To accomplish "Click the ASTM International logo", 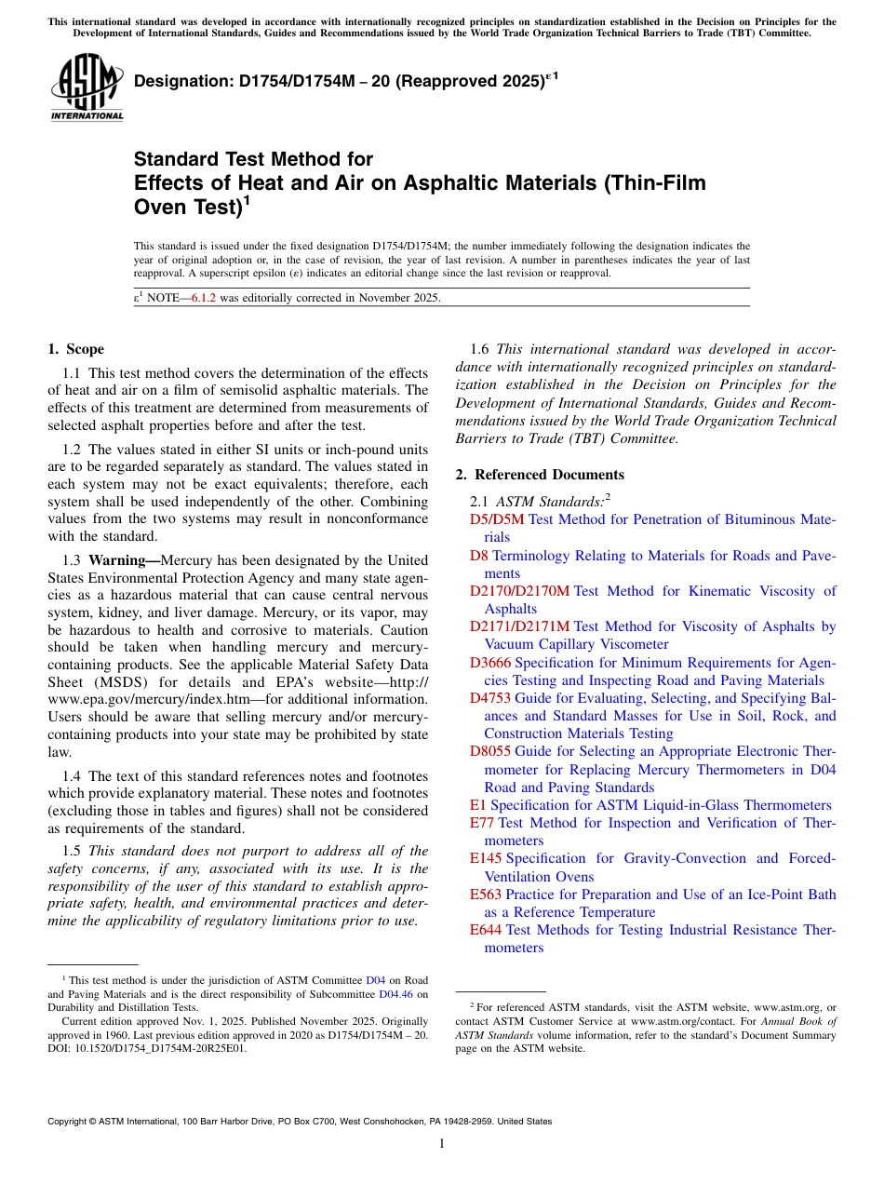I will [87, 88].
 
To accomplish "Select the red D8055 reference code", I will [490, 751].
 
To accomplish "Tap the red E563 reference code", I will [486, 895].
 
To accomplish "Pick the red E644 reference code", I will [486, 930].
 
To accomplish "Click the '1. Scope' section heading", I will [76, 349].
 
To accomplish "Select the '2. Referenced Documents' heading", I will [540, 475].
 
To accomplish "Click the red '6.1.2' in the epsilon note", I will [203, 298].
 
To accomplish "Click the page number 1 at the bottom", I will [442, 1143].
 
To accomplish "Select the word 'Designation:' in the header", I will [179, 83].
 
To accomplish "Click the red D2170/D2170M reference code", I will [519, 591].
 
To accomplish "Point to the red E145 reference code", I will [486, 858].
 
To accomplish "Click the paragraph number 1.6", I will [479, 349].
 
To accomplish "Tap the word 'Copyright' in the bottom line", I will [70, 1122].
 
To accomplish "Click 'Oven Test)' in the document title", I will [188, 207].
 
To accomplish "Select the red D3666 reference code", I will [490, 663].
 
